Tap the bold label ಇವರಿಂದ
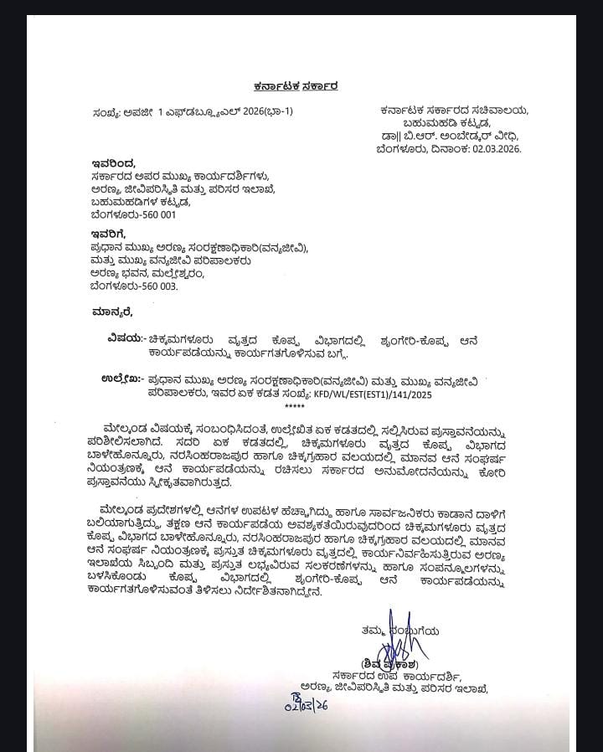pos(113,162)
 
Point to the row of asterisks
pos(295,406)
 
